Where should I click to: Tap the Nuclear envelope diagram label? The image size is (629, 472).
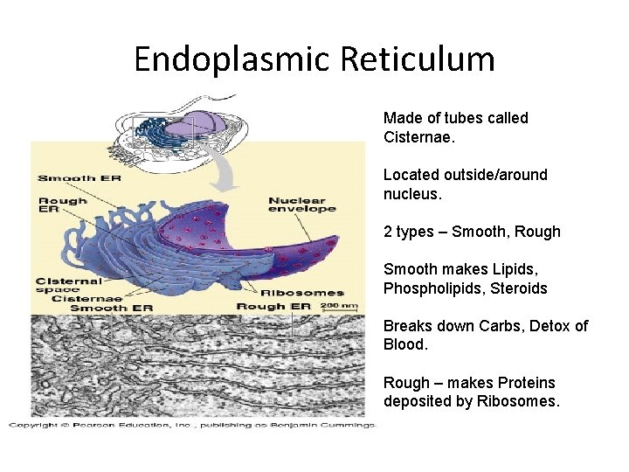(301, 205)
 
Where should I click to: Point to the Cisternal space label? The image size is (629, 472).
(69, 285)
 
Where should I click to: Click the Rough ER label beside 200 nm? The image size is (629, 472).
(274, 307)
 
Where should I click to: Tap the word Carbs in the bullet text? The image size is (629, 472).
(498, 326)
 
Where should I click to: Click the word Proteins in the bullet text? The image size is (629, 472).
(515, 383)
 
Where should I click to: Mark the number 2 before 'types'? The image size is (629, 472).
(388, 232)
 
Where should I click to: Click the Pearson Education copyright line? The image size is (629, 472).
(192, 424)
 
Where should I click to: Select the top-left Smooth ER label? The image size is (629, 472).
(79, 178)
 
